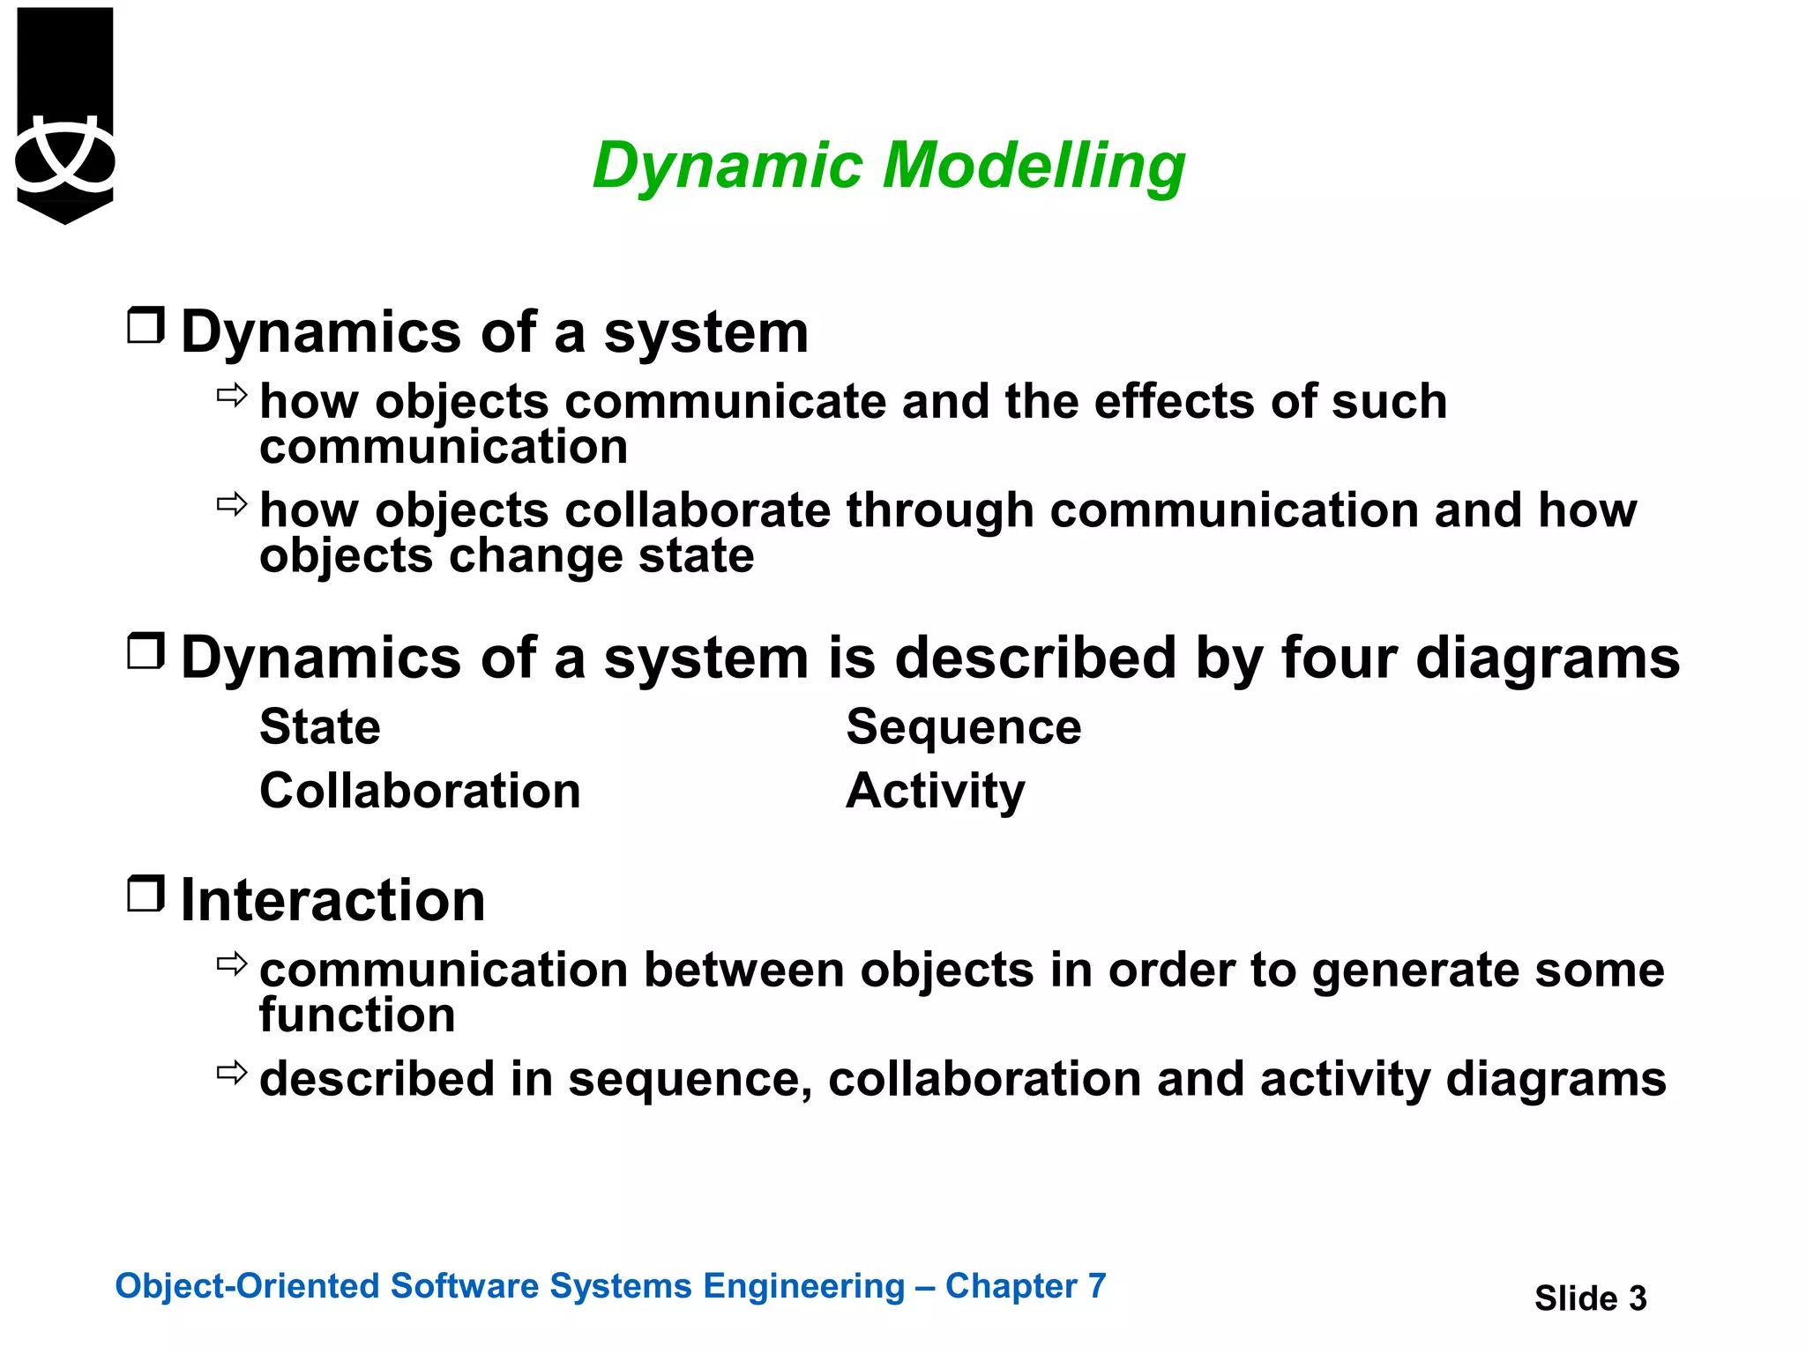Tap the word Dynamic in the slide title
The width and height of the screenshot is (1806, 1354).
tap(728, 166)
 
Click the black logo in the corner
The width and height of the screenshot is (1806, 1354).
tap(65, 115)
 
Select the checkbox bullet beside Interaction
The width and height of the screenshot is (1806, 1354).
tap(146, 894)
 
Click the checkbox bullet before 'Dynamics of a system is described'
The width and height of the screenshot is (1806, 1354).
tap(146, 651)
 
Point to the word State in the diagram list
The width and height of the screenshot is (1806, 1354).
tap(320, 727)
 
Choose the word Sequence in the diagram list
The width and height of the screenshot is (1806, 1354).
tap(963, 727)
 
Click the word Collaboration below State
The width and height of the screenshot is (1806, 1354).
tap(420, 791)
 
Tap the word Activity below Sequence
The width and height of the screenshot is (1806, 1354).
tap(935, 791)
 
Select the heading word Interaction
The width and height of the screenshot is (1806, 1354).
tap(332, 901)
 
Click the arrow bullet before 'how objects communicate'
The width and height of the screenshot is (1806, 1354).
tap(232, 396)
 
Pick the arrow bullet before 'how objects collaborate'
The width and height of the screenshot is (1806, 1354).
tap(232, 505)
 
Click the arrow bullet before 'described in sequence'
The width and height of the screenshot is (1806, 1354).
tap(232, 1073)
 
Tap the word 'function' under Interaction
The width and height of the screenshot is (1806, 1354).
tap(357, 1015)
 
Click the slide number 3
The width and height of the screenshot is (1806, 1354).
tap(1637, 1298)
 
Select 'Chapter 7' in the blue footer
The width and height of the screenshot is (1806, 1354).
tap(1025, 1286)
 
